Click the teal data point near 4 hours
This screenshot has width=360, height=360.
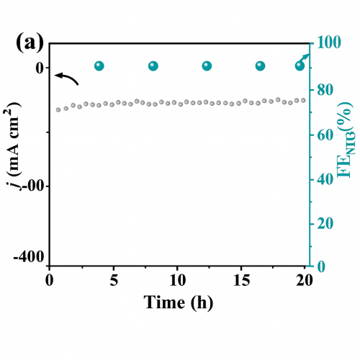pyautogui.click(x=99, y=66)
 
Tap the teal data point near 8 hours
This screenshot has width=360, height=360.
pyautogui.click(x=153, y=66)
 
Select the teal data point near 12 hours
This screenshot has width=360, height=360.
pyautogui.click(x=207, y=66)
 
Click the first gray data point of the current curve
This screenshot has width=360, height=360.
pyautogui.click(x=58, y=109)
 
